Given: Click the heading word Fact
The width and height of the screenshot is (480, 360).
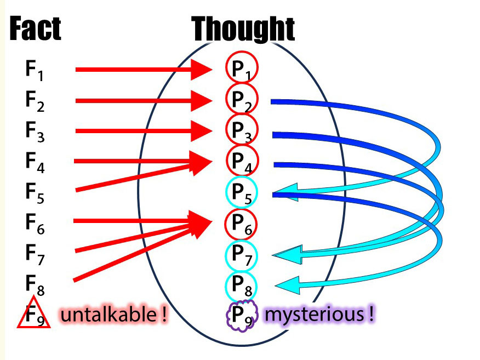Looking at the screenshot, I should click(35, 28).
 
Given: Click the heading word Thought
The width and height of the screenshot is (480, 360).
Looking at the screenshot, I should click(243, 28).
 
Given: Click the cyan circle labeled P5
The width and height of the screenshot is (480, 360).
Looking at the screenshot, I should click(242, 192).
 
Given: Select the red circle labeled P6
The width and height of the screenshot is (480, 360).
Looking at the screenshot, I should click(242, 223).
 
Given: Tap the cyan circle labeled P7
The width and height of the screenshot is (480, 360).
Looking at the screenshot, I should click(242, 254).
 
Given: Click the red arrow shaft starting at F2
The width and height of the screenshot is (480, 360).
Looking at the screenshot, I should click(132, 101).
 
